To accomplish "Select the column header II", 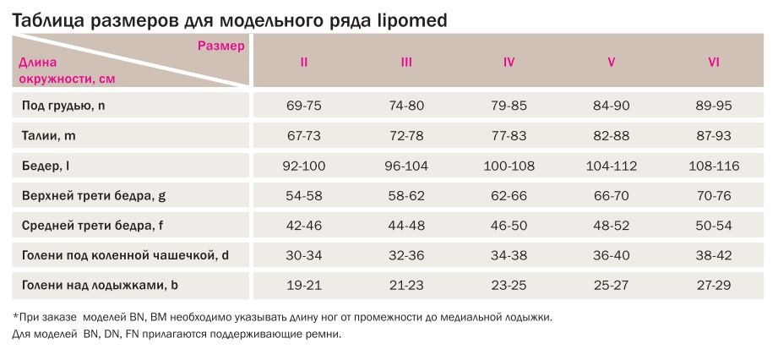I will point(304,63).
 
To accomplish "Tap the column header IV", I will point(509,63).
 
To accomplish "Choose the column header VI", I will point(713,63).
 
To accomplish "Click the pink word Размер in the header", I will point(221,46).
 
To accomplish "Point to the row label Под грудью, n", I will point(64,106).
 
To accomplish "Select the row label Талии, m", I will point(50,135).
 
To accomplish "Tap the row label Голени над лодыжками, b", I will point(101,285).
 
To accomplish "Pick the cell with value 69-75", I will point(304,106).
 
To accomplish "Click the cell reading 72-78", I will point(406,135).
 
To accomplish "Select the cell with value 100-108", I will point(509,166).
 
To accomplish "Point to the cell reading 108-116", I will point(713,166).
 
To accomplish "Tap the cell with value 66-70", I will point(611,196).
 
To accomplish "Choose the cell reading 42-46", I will point(304,226).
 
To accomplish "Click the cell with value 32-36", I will point(406,255).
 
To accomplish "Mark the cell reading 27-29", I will point(713,286).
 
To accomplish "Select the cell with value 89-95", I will point(713,106).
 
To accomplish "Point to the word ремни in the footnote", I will point(323,335).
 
